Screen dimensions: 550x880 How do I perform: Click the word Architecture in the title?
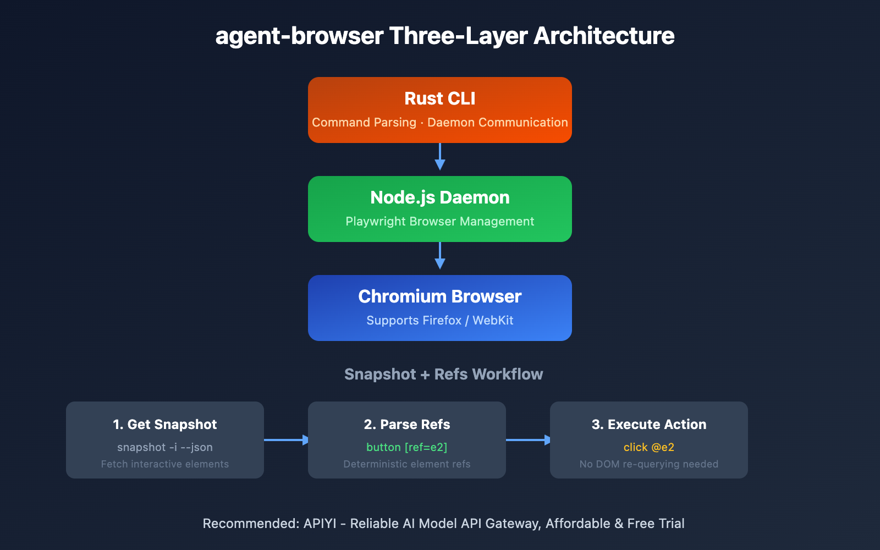pos(603,36)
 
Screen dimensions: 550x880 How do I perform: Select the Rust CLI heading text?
pos(439,98)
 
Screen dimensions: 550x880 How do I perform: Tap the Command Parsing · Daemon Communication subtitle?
pos(439,123)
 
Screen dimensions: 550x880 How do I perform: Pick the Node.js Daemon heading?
pos(439,197)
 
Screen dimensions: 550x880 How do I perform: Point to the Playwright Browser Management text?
pos(439,222)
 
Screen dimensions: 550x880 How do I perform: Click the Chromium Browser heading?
pos(439,296)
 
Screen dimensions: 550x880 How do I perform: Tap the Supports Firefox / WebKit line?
pos(439,321)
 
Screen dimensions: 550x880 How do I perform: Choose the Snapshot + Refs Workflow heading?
pos(443,375)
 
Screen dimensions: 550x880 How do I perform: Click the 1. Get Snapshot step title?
pos(164,425)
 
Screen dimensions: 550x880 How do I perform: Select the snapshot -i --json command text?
pos(164,448)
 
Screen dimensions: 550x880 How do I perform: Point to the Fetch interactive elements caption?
pos(164,464)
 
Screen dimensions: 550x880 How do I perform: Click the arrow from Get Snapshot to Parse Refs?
pos(286,439)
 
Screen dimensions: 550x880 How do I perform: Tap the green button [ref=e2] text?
pos(406,448)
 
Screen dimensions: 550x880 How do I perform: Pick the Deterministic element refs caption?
pos(406,464)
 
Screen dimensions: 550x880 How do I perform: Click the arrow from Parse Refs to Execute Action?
pos(528,439)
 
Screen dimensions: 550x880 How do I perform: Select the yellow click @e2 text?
pos(648,448)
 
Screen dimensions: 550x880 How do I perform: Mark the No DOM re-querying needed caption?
pos(648,464)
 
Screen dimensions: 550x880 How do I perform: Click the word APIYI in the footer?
pos(320,524)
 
